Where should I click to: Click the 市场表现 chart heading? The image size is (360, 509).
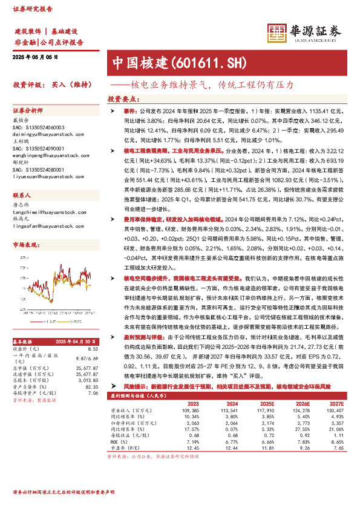coord(25,245)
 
